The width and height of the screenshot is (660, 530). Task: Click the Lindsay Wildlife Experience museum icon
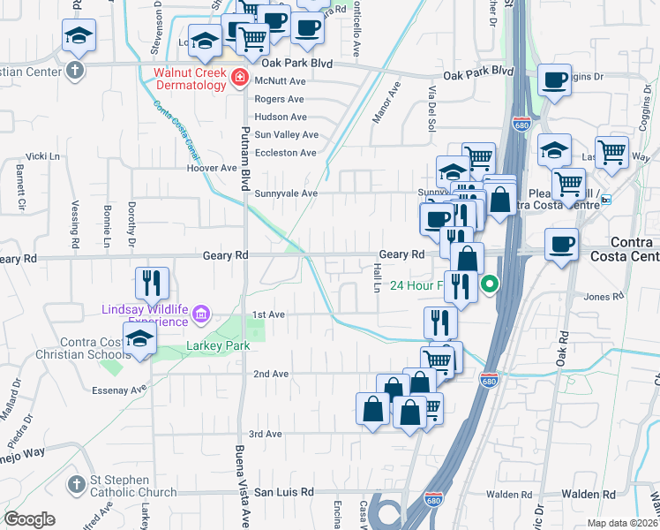(202, 314)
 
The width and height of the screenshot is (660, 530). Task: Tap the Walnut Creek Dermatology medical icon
(237, 79)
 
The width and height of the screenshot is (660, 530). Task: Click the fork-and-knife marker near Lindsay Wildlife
(152, 283)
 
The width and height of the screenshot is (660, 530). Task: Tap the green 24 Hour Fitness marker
(489, 284)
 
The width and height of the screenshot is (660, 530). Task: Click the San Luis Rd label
(284, 492)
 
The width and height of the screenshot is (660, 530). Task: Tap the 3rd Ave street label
(265, 434)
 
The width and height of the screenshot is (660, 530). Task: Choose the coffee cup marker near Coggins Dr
(555, 80)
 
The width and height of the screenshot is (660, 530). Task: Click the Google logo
(29, 519)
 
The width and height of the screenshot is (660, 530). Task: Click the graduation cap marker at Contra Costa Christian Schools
(140, 339)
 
